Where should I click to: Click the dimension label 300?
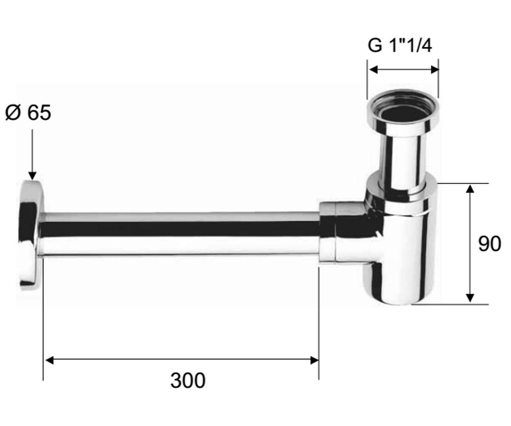188,380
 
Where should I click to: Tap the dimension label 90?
489,244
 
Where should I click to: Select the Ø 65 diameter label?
28,112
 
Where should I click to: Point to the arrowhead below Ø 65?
32,176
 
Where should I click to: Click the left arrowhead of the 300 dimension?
49,360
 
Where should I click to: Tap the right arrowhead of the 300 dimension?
315,360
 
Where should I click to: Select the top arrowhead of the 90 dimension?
470,189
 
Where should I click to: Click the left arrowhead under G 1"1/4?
373,70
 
